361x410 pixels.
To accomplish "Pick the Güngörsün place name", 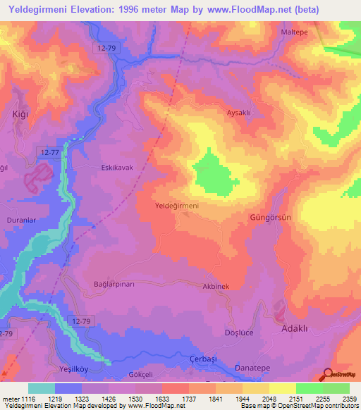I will coord(271,218).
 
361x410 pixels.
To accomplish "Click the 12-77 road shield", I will coord(49,151).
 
